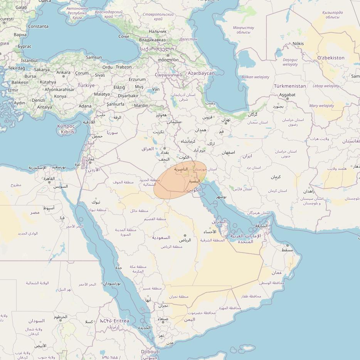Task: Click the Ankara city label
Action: click(x=64, y=72)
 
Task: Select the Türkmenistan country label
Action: click(x=290, y=86)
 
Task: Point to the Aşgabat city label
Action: click(x=287, y=94)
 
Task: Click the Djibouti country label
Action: click(x=150, y=352)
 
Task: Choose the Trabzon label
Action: click(x=124, y=67)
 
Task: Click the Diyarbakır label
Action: click(x=128, y=96)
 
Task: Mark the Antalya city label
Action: click(x=44, y=107)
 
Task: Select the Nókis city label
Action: click(x=298, y=44)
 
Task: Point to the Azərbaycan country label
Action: click(x=201, y=73)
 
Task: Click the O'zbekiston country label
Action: click(x=331, y=58)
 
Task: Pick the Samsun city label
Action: click(x=94, y=57)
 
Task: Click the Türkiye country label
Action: click(x=86, y=85)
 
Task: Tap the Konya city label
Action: click(x=60, y=96)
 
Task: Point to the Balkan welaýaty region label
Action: click(x=255, y=77)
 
